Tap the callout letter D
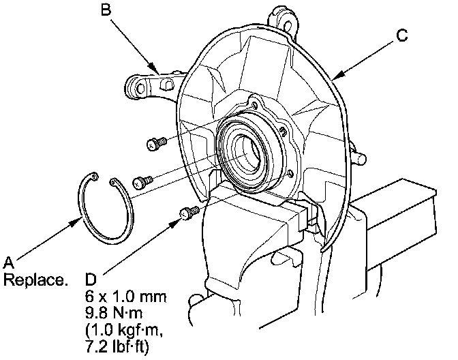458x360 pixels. [x=92, y=278]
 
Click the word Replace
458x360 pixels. [x=35, y=280]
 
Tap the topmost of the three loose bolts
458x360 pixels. [x=156, y=143]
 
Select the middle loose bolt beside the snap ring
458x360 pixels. [x=142, y=181]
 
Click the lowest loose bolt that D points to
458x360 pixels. [x=189, y=214]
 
